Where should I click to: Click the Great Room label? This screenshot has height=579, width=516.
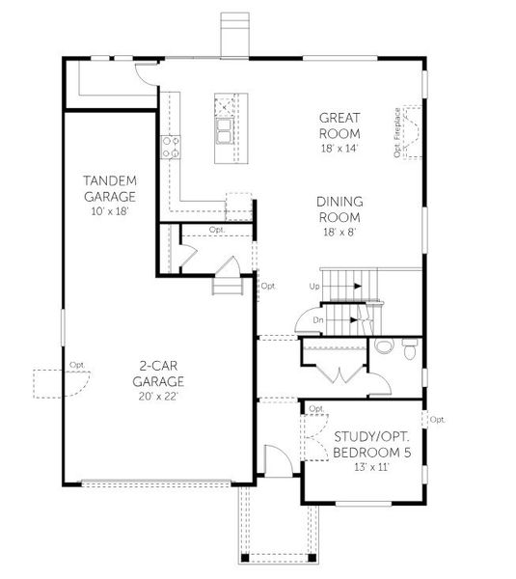pyautogui.click(x=339, y=125)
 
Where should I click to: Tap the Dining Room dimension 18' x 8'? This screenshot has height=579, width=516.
pyautogui.click(x=339, y=232)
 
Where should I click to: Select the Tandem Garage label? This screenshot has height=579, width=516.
pyautogui.click(x=109, y=188)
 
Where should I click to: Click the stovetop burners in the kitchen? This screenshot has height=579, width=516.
pyautogui.click(x=171, y=147)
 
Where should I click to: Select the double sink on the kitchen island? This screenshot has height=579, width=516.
pyautogui.click(x=224, y=130)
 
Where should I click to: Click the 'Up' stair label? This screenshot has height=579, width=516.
pyautogui.click(x=314, y=287)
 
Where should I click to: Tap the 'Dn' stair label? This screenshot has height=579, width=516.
pyautogui.click(x=316, y=319)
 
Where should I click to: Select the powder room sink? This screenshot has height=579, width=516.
pyautogui.click(x=384, y=346)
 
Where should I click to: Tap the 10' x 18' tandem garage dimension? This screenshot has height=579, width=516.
pyautogui.click(x=109, y=209)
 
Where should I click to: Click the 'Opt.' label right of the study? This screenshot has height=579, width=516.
pyautogui.click(x=437, y=420)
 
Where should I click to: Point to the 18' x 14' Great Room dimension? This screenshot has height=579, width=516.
pyautogui.click(x=339, y=148)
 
